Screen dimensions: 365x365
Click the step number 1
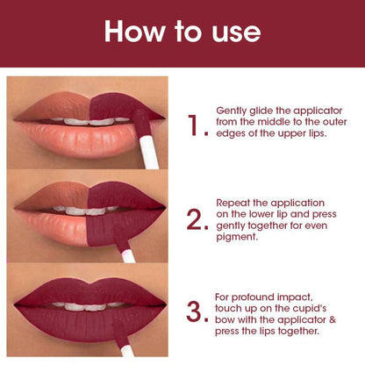tap(194, 125)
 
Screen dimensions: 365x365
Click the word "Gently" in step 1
tap(232, 111)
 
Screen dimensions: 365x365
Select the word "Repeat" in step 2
tap(233, 204)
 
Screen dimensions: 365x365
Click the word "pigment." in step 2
tap(237, 237)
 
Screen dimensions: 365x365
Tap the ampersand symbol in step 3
tap(333, 319)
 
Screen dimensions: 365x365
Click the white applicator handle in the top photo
tap(149, 152)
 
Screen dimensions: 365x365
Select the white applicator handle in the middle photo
tap(129, 256)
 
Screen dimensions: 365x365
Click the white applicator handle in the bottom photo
tap(127, 351)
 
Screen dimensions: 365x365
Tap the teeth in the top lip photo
tap(89, 121)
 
